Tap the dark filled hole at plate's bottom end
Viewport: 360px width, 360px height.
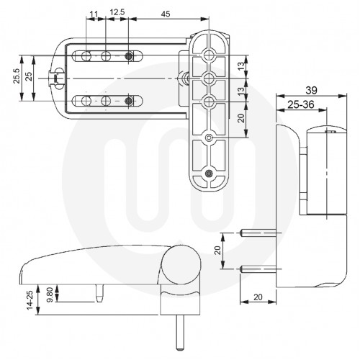tap(209, 174)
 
